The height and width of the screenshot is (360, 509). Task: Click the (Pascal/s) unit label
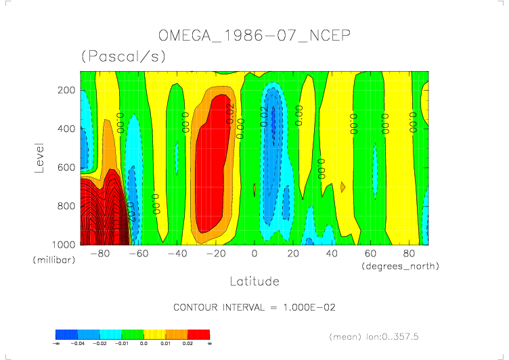tap(123, 57)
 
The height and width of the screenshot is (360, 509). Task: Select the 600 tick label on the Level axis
tap(65, 166)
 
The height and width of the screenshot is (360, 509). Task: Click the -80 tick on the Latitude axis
tap(99, 254)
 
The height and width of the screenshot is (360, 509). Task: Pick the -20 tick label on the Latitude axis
tap(215, 254)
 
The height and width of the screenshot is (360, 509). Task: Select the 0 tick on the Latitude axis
tap(255, 254)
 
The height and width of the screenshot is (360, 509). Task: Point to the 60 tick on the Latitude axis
tap(370, 254)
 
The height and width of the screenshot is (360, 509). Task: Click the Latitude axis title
tap(254, 280)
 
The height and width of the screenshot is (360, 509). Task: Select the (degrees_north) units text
tap(401, 267)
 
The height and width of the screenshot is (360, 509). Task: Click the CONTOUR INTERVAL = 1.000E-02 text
tap(255, 307)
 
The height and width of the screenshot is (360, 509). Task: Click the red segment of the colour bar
tap(199, 334)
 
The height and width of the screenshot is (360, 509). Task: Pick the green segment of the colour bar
tap(133, 334)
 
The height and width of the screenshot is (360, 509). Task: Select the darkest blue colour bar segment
tap(66, 334)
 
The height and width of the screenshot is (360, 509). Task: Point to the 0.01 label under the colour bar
tap(166, 344)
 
